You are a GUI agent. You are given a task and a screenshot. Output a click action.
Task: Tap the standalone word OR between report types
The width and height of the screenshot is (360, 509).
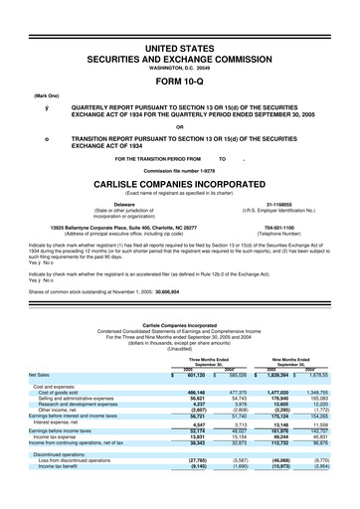point(180,126)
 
